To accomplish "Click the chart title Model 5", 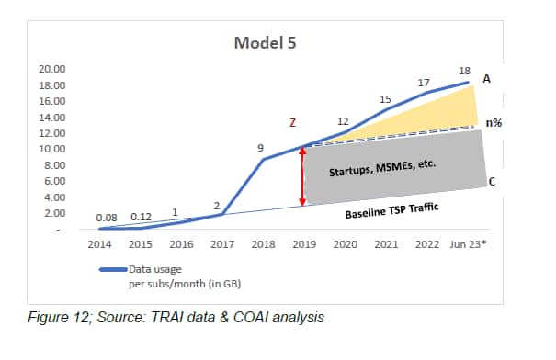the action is click(x=265, y=43).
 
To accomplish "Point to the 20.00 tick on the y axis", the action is click(x=52, y=69).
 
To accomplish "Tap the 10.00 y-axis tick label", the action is click(x=52, y=149).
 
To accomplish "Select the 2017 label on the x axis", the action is click(x=222, y=244).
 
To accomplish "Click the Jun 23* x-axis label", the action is click(x=468, y=244).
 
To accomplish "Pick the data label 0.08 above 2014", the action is click(x=107, y=218).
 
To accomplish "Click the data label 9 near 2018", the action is click(x=261, y=148).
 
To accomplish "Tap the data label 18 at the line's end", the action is click(x=464, y=71).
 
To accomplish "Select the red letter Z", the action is click(x=292, y=123).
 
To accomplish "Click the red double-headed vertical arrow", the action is click(x=302, y=176).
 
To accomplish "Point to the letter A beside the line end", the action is click(x=486, y=79).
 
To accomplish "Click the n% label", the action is click(x=494, y=123).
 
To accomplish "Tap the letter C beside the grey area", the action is click(x=492, y=182).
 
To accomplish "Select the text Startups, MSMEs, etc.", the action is click(x=382, y=168).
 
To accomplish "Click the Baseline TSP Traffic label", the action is click(x=391, y=210).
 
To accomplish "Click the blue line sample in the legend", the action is click(x=113, y=270).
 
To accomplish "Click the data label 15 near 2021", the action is click(x=385, y=99).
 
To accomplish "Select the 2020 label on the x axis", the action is click(x=345, y=244).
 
